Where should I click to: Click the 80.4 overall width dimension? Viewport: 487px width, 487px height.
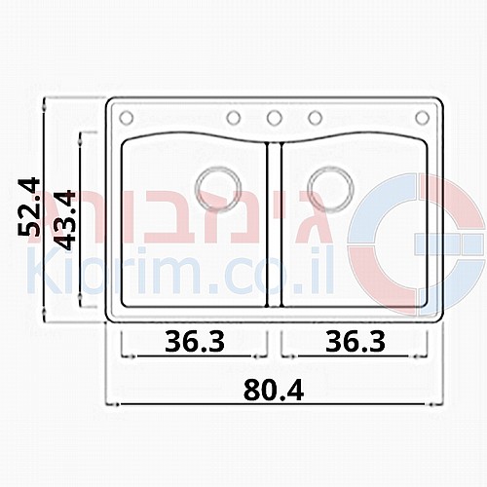tap(274, 391)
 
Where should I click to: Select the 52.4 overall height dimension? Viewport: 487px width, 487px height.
tap(29, 206)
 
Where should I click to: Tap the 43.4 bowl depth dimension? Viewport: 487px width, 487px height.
tap(64, 219)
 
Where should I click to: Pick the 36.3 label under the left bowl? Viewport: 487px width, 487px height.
tap(195, 342)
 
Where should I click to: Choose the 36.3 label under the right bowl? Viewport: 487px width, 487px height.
tap(356, 342)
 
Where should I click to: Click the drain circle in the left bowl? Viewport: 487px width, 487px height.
tap(218, 188)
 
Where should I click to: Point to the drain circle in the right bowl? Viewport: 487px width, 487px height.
tap(331, 188)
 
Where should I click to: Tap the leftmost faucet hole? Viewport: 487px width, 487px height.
tap(127, 118)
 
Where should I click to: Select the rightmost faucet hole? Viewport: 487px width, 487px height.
tap(423, 118)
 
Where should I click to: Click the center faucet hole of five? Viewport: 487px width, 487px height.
tap(275, 118)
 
